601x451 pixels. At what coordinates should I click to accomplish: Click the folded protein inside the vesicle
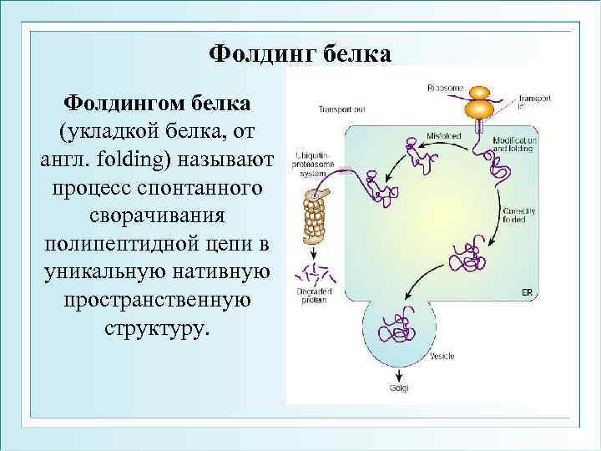coord(396,327)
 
